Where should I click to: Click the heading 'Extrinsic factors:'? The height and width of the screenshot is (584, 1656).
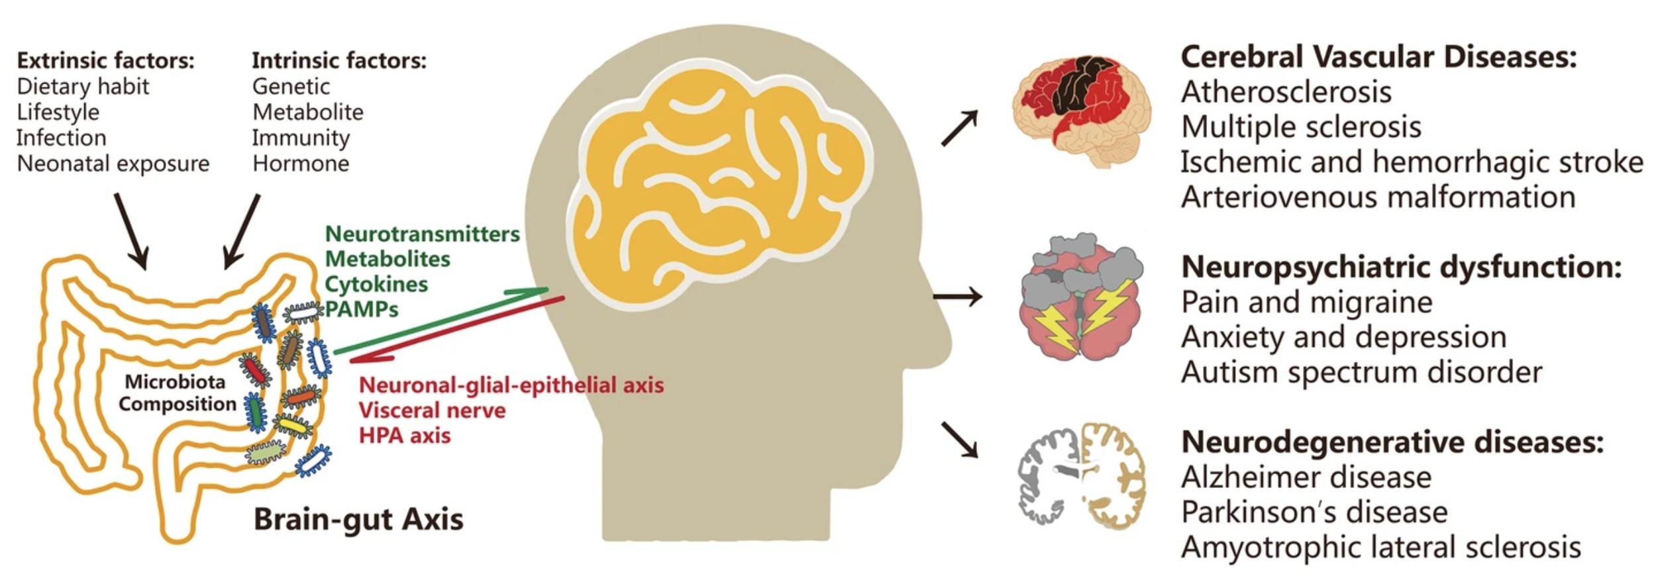[105, 61]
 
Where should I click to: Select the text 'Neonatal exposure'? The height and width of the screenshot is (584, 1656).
[113, 164]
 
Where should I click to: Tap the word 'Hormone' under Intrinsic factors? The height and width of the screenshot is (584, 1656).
[300, 164]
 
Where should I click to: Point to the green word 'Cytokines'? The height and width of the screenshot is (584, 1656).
[376, 284]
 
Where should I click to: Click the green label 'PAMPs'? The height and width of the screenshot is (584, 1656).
[362, 309]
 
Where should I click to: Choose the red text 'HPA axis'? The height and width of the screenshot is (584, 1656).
[404, 436]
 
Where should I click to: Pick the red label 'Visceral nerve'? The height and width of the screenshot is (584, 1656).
[432, 411]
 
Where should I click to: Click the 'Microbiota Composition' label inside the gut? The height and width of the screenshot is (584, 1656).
[176, 393]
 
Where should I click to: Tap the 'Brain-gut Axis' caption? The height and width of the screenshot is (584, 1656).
[358, 520]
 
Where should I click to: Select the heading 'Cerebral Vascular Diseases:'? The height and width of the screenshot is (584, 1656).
[1378, 58]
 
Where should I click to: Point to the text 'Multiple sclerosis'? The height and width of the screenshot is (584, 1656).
[1301, 127]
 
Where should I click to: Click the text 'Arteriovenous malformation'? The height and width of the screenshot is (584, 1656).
[1378, 197]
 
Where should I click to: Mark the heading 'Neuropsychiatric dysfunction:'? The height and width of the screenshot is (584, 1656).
[1401, 268]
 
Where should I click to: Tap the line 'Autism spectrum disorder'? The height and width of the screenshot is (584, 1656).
[1361, 372]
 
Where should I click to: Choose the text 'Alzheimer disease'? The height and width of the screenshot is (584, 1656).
[1306, 477]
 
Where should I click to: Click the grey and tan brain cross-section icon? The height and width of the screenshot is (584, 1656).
[1082, 475]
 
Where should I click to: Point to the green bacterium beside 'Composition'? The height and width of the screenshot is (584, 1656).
[254, 412]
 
